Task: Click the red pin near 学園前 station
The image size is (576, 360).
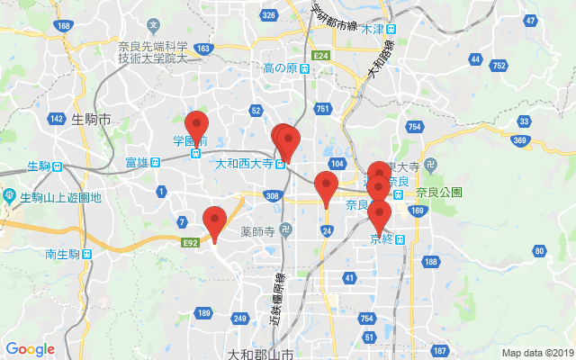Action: [x=196, y=126]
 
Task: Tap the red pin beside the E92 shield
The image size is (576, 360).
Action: [x=214, y=222]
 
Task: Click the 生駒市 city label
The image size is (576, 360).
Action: [x=90, y=119]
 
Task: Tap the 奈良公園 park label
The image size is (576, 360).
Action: [x=439, y=192]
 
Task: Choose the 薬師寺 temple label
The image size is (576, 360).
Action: [x=257, y=230]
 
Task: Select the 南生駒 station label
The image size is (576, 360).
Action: [x=63, y=255]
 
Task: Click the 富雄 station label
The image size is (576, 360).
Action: [x=137, y=163]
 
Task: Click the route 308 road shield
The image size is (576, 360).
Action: [x=272, y=195]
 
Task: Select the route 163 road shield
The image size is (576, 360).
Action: [x=202, y=49]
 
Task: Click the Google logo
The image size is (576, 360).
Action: [x=30, y=349]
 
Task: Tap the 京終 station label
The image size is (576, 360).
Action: [x=382, y=238]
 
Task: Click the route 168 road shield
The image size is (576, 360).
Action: [x=63, y=25]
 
